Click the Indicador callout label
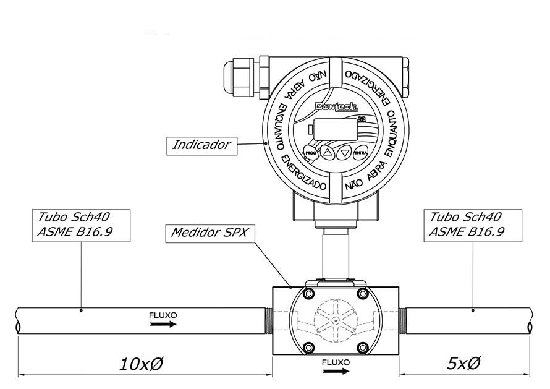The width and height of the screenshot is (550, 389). [x=201, y=145]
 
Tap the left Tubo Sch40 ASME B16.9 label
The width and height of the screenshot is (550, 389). [x=75, y=224]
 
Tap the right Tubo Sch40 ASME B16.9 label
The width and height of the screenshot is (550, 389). [x=467, y=224]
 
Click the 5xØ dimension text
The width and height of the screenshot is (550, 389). [x=463, y=363]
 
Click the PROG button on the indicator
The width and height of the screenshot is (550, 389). [x=310, y=152]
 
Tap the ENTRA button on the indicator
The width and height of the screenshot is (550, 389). [x=362, y=152]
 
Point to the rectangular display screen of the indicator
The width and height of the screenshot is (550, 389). [x=334, y=130]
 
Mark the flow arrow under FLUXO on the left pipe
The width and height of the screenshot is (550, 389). [x=163, y=323]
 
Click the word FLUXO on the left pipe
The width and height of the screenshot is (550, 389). [x=163, y=315]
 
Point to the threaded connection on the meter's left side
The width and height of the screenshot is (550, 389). [x=269, y=321]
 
